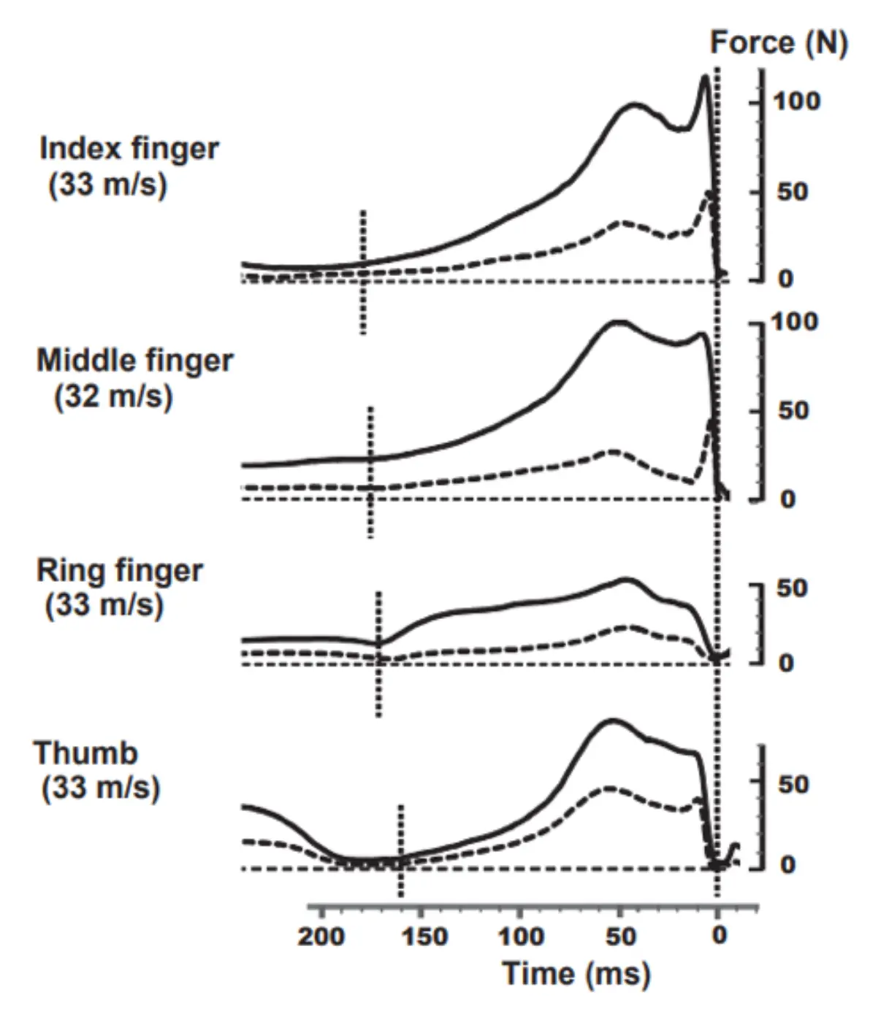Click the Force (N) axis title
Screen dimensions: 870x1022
(779, 44)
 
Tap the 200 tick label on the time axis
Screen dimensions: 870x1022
(321, 936)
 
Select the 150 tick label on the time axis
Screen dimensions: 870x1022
(424, 936)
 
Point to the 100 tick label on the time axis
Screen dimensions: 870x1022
(521, 936)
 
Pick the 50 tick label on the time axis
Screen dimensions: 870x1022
(622, 936)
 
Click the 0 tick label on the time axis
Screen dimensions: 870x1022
(720, 935)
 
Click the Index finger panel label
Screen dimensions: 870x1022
(129, 149)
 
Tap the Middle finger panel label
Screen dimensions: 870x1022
(135, 361)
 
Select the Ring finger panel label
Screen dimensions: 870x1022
(120, 571)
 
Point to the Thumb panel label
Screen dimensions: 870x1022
(85, 753)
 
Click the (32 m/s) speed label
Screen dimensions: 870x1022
(113, 396)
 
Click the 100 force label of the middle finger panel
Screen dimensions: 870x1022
(795, 322)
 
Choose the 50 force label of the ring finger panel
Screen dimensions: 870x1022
(793, 588)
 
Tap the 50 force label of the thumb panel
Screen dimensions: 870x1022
(793, 785)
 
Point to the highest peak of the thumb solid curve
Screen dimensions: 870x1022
(613, 720)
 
